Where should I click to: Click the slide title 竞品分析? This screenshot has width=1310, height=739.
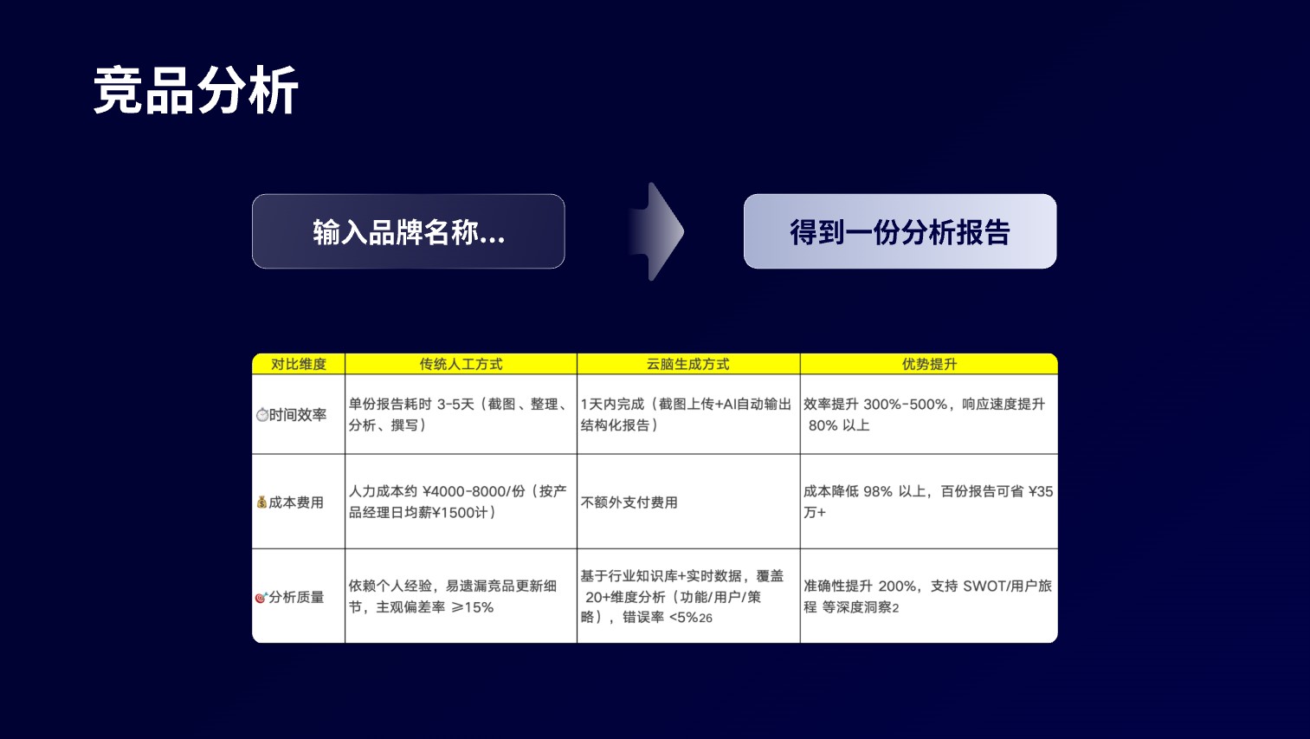pyautogui.click(x=196, y=91)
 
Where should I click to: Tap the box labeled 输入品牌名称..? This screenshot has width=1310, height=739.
pyautogui.click(x=408, y=231)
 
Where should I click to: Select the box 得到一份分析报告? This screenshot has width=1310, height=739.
pyautogui.click(x=900, y=231)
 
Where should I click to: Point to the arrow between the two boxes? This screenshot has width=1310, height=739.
pyautogui.click(x=657, y=231)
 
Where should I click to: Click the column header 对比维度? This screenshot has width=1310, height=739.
pyautogui.click(x=298, y=364)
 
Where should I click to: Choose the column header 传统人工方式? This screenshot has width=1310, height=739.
pyautogui.click(x=461, y=364)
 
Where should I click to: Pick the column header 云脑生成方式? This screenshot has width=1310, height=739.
pyautogui.click(x=687, y=364)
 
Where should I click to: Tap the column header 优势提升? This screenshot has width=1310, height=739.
pyautogui.click(x=929, y=364)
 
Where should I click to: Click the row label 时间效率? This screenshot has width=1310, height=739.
pyautogui.click(x=298, y=415)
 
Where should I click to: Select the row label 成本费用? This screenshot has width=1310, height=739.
pyautogui.click(x=296, y=502)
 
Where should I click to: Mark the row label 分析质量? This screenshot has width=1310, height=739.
pyautogui.click(x=296, y=597)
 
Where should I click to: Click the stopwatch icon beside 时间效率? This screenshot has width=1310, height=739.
pyautogui.click(x=262, y=415)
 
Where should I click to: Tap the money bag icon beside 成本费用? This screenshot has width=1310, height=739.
pyautogui.click(x=261, y=502)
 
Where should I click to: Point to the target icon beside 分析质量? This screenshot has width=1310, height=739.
pyautogui.click(x=261, y=598)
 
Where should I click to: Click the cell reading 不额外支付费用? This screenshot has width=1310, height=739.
pyautogui.click(x=629, y=502)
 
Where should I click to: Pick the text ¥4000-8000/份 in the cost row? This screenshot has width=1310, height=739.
pyautogui.click(x=474, y=491)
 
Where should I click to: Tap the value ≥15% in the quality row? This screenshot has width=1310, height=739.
pyautogui.click(x=473, y=607)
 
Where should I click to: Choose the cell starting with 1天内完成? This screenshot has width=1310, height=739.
pyautogui.click(x=686, y=414)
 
